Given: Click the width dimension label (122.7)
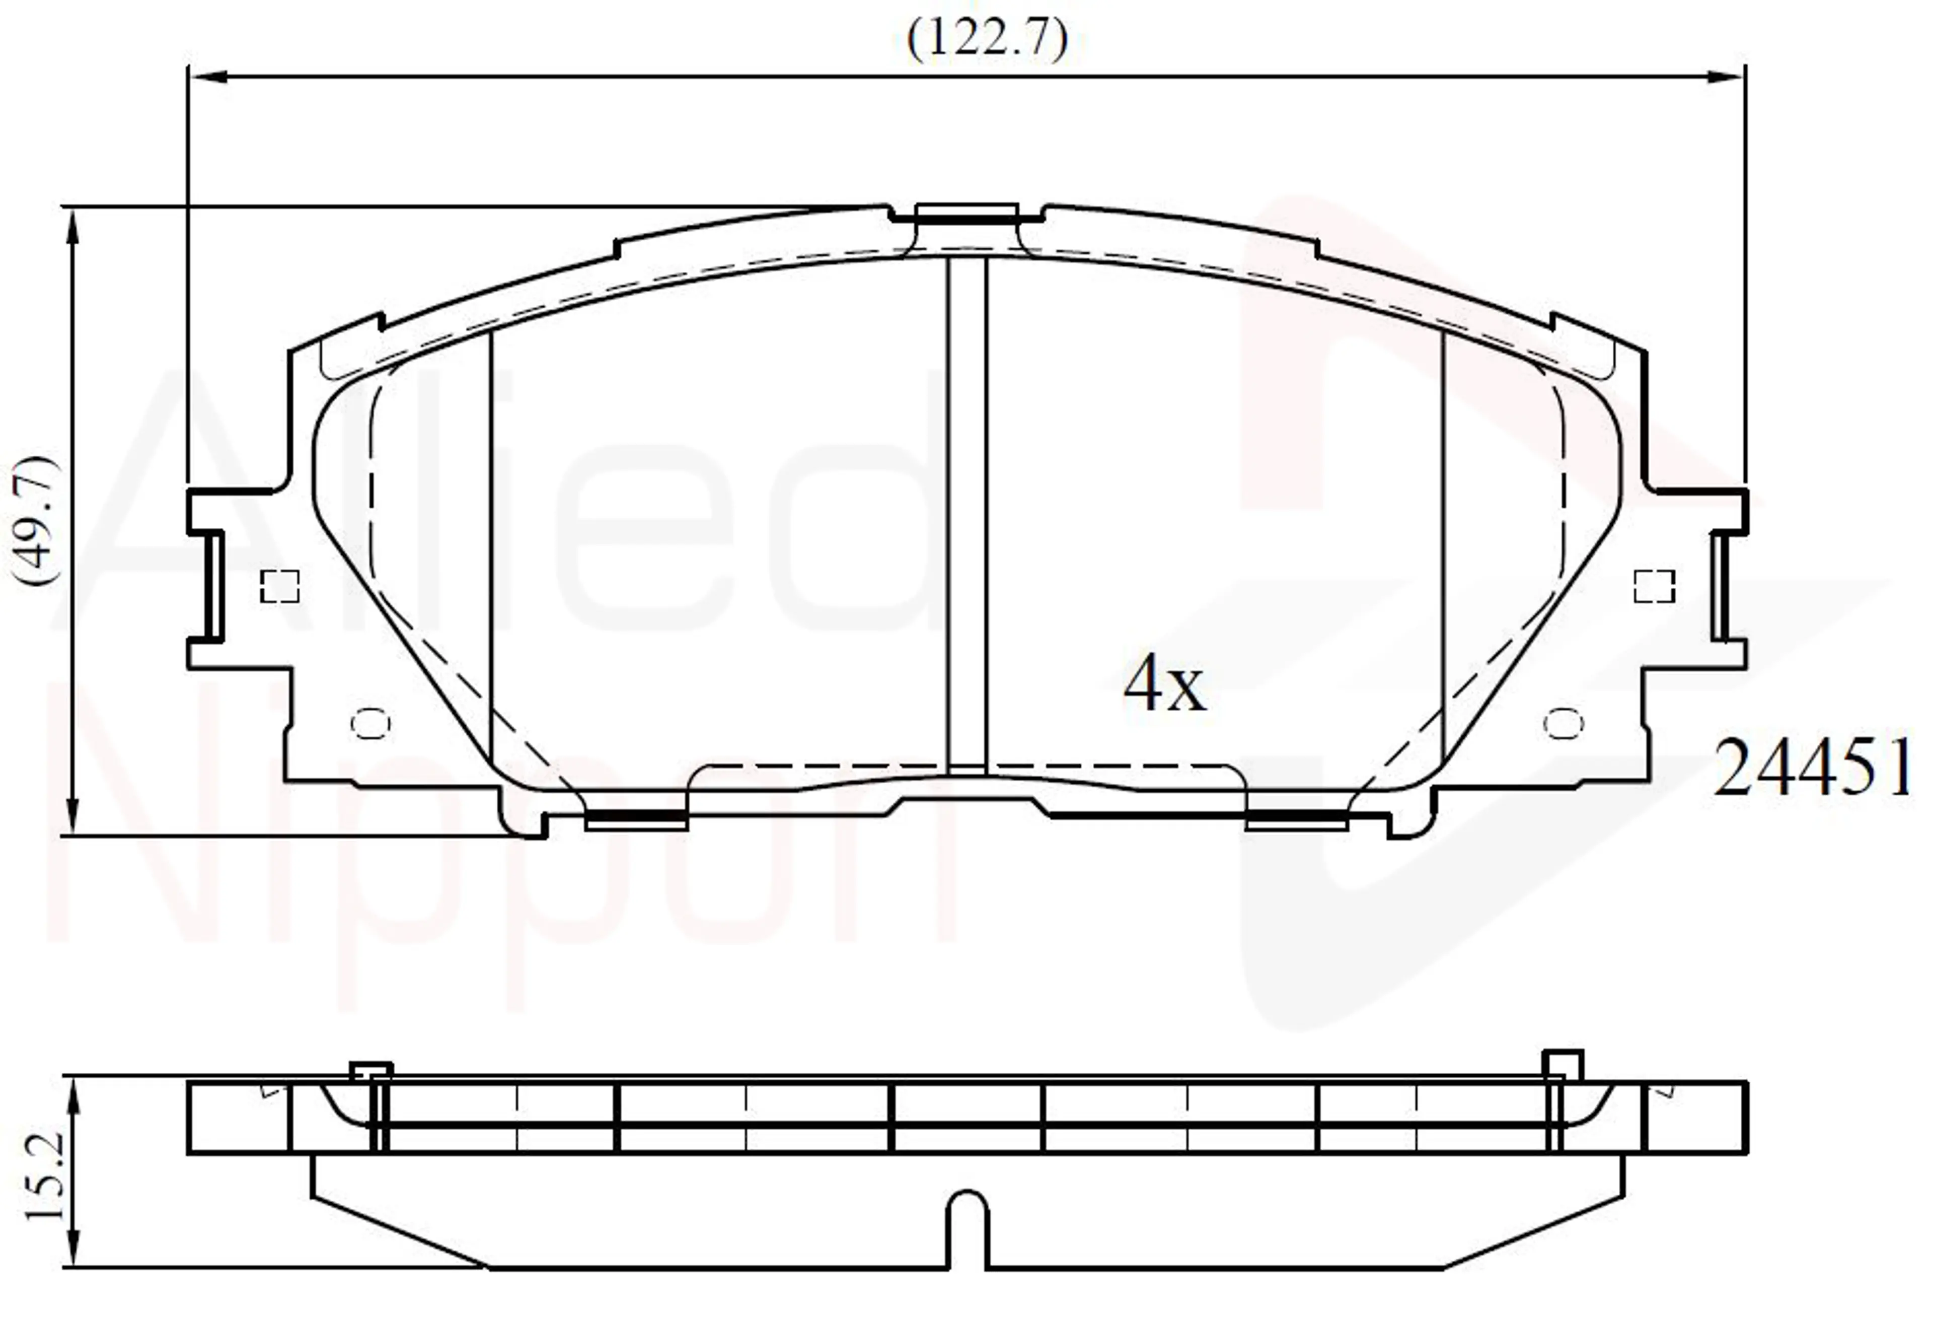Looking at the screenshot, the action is point(987,38).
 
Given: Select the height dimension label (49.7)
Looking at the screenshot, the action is point(37,522).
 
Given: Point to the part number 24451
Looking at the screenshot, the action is point(1812,767).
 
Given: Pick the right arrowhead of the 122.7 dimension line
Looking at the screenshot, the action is point(1724,77).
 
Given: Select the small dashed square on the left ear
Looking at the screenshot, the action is point(279,587).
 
